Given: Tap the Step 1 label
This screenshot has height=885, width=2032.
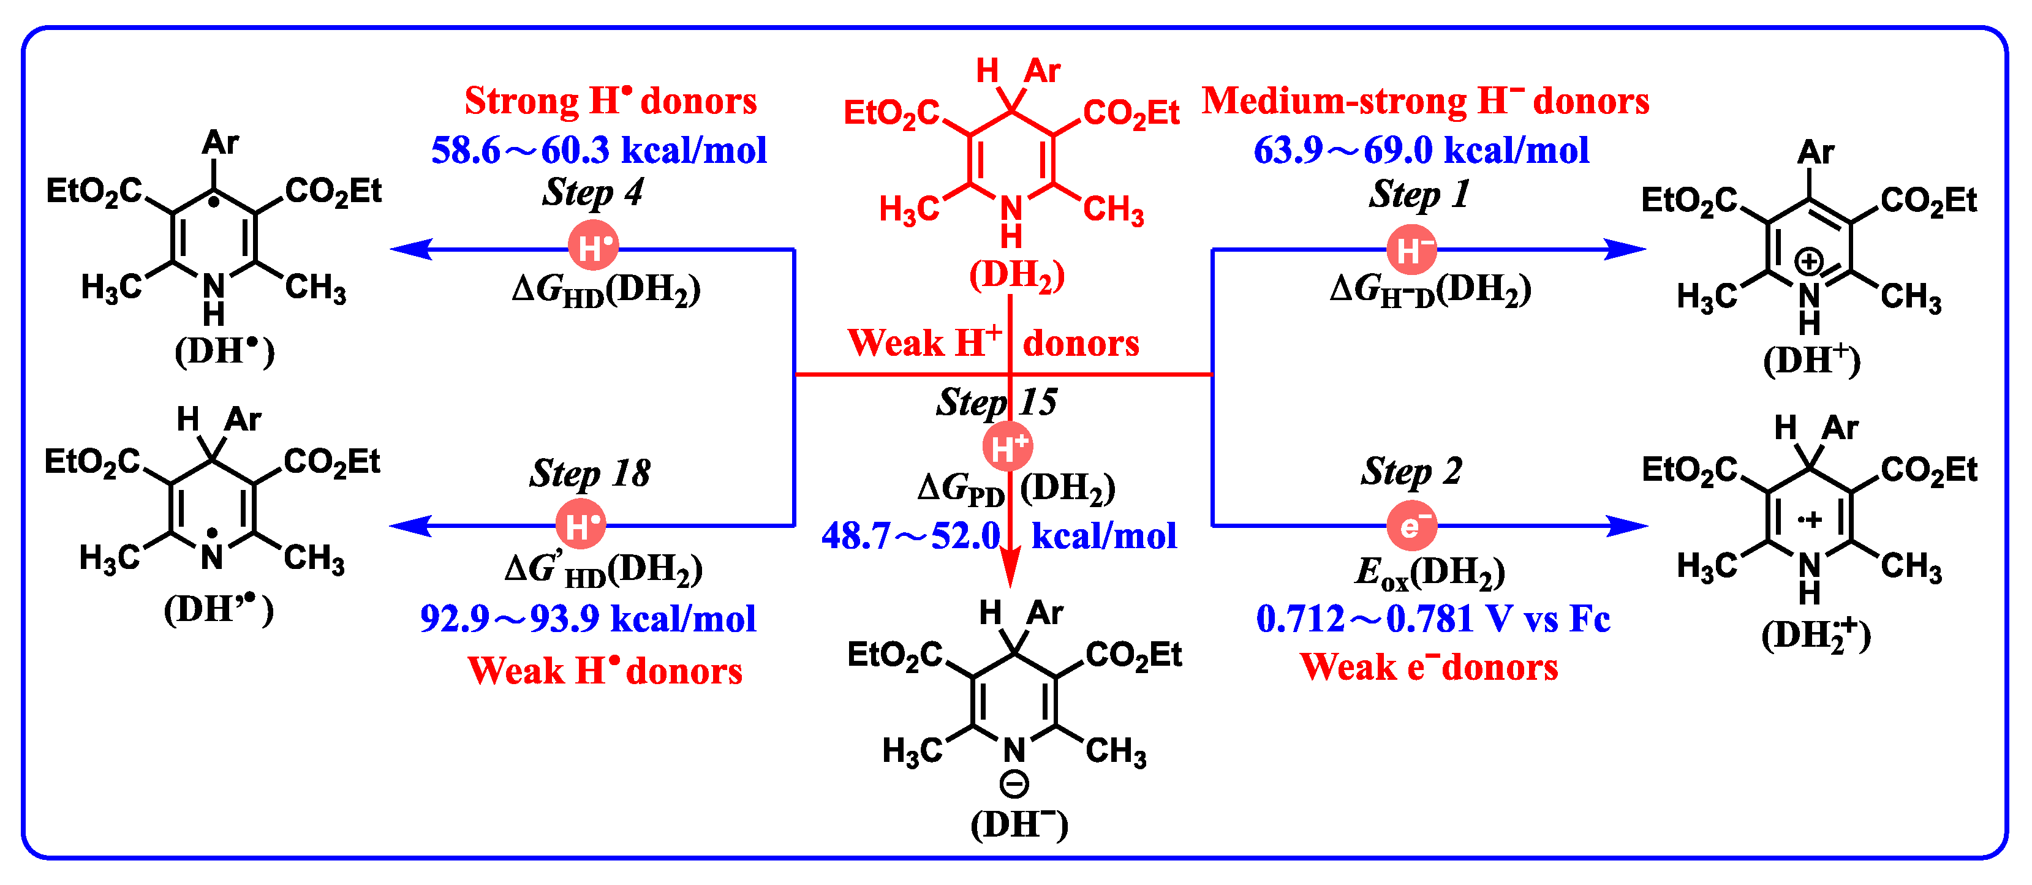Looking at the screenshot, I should (x=1419, y=195).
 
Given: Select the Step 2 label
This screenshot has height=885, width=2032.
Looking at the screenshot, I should (x=1411, y=472).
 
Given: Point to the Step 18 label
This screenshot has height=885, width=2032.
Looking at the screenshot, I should (x=590, y=474).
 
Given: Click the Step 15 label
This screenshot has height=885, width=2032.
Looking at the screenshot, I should (x=997, y=402).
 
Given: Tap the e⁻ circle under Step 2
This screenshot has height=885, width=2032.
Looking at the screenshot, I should (x=1412, y=525).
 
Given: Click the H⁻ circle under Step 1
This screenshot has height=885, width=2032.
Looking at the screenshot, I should (x=1412, y=250).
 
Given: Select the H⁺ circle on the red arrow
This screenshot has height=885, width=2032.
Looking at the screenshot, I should (x=1008, y=446).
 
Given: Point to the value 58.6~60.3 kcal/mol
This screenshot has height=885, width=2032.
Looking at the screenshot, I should (x=599, y=150).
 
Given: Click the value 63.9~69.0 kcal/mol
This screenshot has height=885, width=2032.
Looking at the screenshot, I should (x=1421, y=150).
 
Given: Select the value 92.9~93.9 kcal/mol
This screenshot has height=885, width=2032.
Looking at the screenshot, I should (x=587, y=619).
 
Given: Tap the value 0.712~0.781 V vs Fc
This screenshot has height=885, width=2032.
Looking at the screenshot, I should (x=1432, y=619).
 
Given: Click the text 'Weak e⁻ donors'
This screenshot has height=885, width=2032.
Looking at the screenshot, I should (x=1429, y=668).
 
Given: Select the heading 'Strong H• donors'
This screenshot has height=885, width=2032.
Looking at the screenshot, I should (x=611, y=101).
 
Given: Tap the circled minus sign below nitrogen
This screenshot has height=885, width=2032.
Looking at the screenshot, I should (x=1014, y=784).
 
